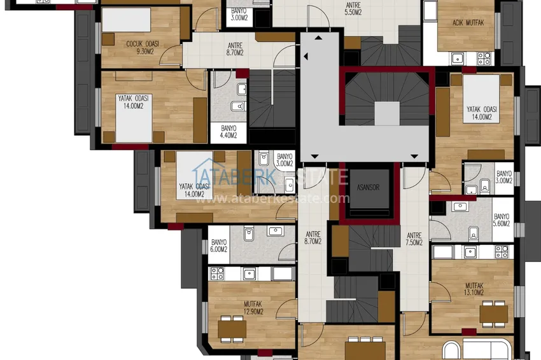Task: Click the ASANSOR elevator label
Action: pos(368,187)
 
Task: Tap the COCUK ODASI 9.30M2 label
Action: pos(143,48)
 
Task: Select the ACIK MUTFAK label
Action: pos(468,23)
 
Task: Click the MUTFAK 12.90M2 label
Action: pos(253,308)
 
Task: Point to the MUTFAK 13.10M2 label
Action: pos(474,289)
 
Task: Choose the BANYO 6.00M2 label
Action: pos(219,246)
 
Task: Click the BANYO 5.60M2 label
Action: pos(502,220)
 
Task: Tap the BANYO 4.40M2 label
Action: pos(228,132)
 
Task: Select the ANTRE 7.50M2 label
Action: pos(414,239)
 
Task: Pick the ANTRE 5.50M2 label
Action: pos(353,9)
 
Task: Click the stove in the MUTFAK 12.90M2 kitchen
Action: pos(218,273)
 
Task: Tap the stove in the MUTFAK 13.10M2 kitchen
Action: pos(502,252)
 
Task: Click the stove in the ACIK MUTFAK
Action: pos(484,59)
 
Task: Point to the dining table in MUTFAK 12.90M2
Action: pos(232,329)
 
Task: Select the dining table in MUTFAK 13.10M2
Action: pos(494,314)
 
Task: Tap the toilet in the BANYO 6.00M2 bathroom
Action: pos(248,233)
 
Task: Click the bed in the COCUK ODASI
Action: pos(126,20)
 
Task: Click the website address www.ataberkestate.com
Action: pos(272,198)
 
